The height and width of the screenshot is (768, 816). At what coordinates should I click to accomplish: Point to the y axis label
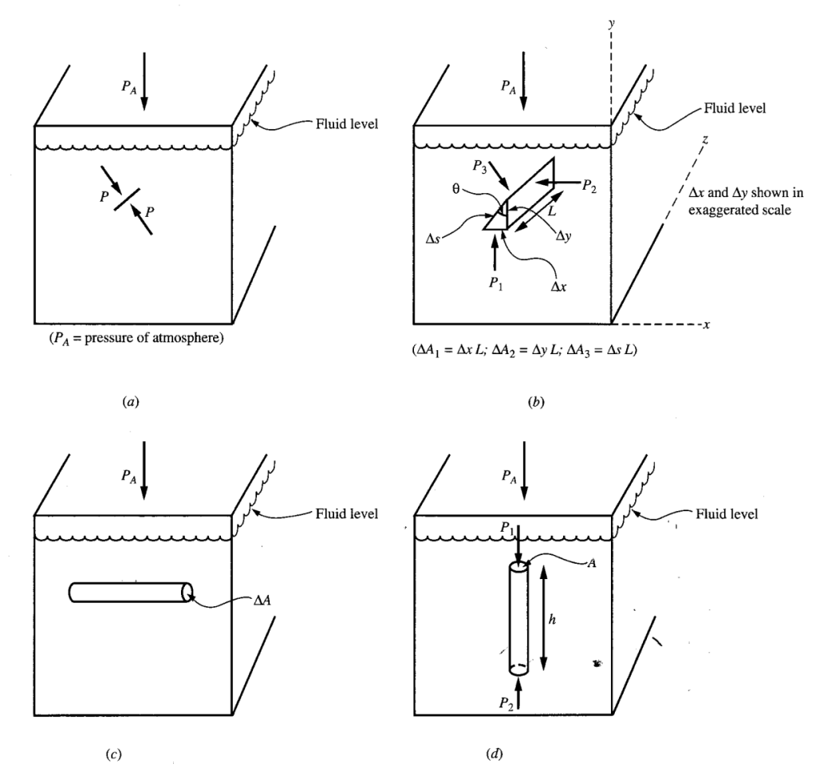point(612,25)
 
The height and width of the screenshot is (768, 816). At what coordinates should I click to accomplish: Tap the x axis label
point(708,325)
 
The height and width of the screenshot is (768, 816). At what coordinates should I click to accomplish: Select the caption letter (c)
point(131,751)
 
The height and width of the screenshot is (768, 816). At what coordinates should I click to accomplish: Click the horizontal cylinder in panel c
point(131,592)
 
